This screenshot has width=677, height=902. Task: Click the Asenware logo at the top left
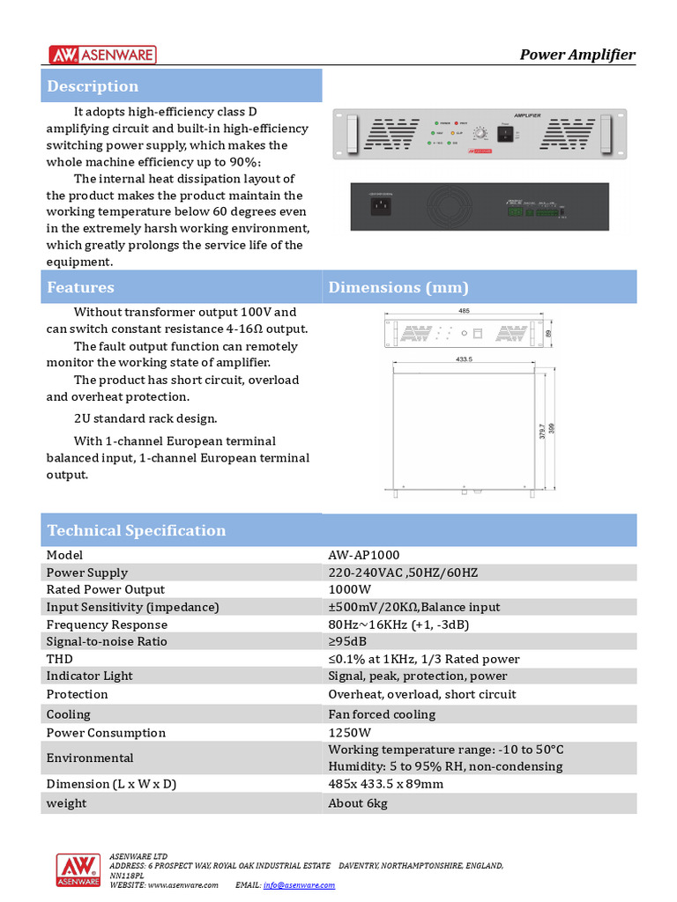click(x=102, y=55)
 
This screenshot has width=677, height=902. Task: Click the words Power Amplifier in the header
click(x=577, y=55)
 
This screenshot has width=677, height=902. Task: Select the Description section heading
click(x=93, y=86)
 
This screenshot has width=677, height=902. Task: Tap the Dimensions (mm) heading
click(x=398, y=287)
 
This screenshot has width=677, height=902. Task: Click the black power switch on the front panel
click(x=505, y=134)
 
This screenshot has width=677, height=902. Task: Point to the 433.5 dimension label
click(x=465, y=359)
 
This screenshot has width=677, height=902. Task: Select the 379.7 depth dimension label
click(x=541, y=433)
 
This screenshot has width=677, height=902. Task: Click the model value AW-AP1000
click(x=363, y=555)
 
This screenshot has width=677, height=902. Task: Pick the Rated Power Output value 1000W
click(x=350, y=589)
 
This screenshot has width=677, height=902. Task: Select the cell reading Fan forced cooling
click(x=382, y=714)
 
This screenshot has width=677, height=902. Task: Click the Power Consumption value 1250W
click(x=350, y=733)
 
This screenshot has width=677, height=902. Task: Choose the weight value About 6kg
click(x=358, y=803)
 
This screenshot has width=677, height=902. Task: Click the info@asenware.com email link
click(x=299, y=884)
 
